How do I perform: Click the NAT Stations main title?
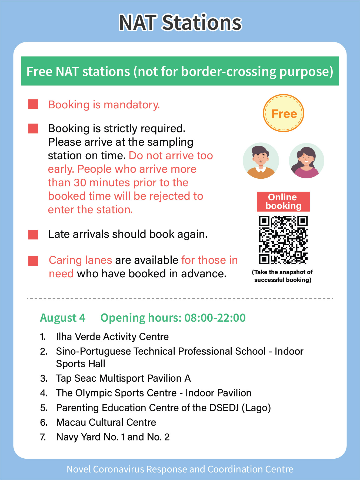[180, 23]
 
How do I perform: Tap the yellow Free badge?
[284, 113]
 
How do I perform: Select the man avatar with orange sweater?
[261, 161]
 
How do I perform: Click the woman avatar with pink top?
[306, 161]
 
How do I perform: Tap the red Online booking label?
[283, 202]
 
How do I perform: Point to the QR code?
[283, 240]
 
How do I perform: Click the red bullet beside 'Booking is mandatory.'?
[33, 104]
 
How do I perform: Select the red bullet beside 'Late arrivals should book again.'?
[33, 234]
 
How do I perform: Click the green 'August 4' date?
[63, 318]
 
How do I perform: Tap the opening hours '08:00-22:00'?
[215, 318]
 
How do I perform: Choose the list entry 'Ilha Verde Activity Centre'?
[112, 337]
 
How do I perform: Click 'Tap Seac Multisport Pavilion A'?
[123, 378]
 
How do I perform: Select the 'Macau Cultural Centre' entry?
[106, 422]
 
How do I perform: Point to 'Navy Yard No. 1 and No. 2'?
[113, 437]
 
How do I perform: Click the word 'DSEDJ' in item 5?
[224, 408]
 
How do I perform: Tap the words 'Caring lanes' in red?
[80, 260]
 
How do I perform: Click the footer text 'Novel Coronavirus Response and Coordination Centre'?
[180, 469]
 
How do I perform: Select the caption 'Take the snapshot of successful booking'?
[283, 276]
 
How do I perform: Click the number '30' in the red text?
[80, 183]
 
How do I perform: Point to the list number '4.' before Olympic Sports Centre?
[44, 393]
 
